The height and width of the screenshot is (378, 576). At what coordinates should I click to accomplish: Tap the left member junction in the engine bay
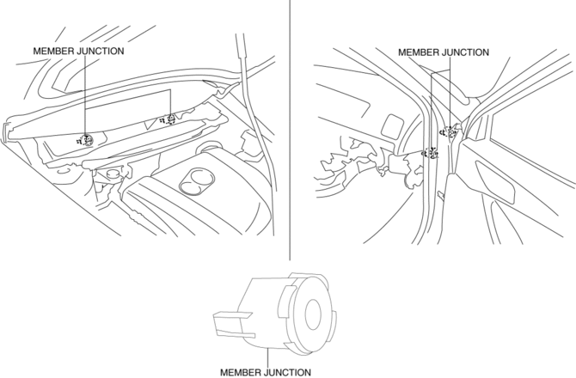coord(86,140)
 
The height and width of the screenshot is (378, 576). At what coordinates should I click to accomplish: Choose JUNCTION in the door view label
coord(467,52)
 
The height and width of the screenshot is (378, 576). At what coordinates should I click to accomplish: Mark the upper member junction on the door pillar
coord(450,132)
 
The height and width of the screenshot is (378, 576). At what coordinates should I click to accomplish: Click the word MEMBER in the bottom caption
coord(242,372)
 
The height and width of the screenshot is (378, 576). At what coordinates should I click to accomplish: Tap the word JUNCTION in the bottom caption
coord(289,372)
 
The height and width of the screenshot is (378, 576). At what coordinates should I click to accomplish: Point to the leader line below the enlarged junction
coord(268,357)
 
